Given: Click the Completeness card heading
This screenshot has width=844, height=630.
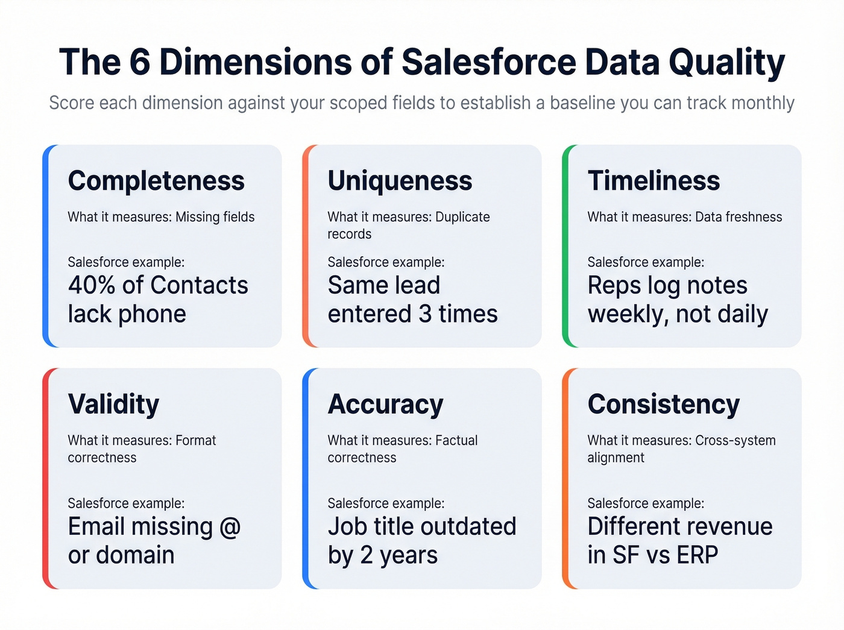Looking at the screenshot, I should (156, 181).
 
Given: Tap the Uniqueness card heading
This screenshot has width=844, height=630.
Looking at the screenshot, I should (400, 181).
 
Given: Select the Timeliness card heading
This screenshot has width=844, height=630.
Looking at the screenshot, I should (653, 181).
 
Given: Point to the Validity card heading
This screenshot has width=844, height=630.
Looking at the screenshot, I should (113, 405).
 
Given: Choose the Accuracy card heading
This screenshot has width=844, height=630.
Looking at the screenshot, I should (385, 405).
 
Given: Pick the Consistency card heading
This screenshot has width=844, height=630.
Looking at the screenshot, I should (663, 405).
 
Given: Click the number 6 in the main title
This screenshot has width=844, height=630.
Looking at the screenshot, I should (139, 62).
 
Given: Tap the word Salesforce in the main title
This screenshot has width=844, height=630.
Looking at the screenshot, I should (488, 62).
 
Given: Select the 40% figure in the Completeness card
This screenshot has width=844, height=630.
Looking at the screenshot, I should (91, 285).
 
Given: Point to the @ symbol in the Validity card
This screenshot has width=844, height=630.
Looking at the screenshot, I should (230, 527).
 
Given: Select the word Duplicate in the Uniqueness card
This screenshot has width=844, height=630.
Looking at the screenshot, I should (462, 217).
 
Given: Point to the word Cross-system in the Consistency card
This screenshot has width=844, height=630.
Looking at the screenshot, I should (735, 441).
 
